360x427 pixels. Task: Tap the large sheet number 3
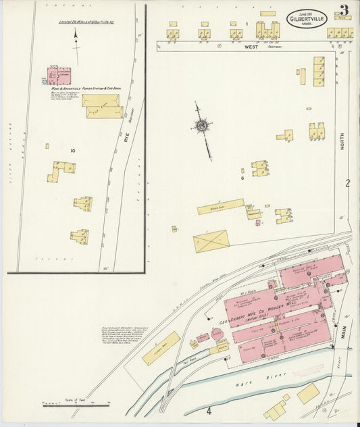[x=344, y=11]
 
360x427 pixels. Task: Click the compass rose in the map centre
[x=201, y=125]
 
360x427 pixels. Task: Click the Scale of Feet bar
[x=76, y=403]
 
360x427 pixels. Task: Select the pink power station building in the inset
[x=59, y=76]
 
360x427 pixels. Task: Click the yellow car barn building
[x=103, y=106]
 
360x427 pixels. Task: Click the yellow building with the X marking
[x=211, y=241]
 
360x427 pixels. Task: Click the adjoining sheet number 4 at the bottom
[x=209, y=410]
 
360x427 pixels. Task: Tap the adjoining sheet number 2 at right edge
[x=348, y=183]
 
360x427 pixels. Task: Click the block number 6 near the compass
[x=242, y=178]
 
